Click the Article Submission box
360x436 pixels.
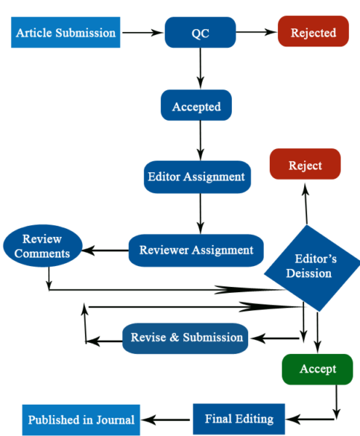point(65,33)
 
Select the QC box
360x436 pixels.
point(200,33)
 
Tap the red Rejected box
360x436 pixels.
point(313,33)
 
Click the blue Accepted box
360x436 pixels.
point(196,107)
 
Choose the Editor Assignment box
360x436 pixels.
point(197,177)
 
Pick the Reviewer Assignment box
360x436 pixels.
point(196,250)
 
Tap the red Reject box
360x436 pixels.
point(305,165)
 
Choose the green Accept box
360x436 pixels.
point(318,368)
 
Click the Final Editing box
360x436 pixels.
point(239,419)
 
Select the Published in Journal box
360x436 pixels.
point(81,420)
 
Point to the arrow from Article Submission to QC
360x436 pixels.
point(142,33)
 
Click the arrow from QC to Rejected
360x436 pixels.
point(256,33)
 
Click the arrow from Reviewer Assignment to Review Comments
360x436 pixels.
point(105,251)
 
